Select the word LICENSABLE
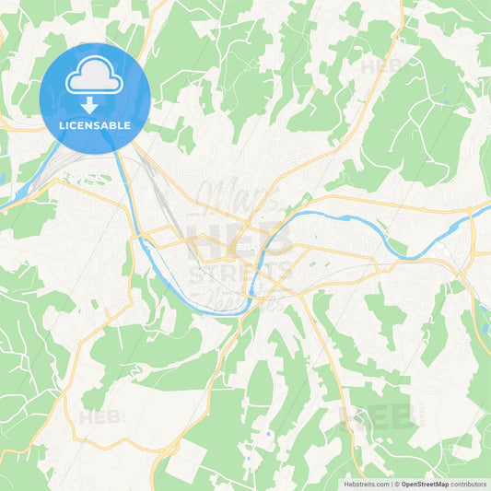click(x=95, y=124)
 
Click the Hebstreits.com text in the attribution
click(x=367, y=484)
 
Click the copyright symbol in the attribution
click(x=397, y=484)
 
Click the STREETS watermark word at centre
click(x=240, y=273)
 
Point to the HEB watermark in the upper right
click(x=380, y=67)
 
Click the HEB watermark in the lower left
click(x=99, y=416)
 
